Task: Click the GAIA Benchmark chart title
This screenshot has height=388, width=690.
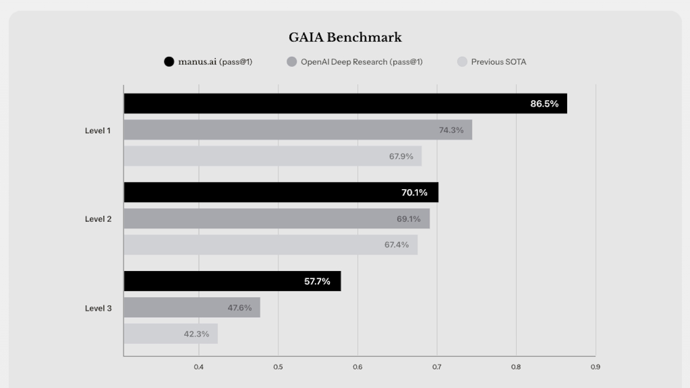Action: tap(345, 38)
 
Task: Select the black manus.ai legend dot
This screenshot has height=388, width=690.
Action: tap(169, 62)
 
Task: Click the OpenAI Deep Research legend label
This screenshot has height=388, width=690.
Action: tap(361, 62)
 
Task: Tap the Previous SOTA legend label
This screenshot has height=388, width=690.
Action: tap(498, 62)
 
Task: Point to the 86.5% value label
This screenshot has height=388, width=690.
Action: tap(544, 103)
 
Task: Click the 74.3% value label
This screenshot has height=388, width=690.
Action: tap(451, 130)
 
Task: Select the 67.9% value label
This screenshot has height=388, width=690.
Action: tap(401, 156)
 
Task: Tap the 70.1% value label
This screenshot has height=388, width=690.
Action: tap(415, 192)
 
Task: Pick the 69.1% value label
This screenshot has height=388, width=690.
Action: tap(409, 219)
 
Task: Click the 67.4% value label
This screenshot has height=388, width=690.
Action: tap(397, 245)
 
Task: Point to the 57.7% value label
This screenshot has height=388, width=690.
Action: tap(317, 281)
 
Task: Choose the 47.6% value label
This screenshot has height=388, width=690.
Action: tap(239, 308)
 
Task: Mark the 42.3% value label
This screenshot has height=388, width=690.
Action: tap(196, 334)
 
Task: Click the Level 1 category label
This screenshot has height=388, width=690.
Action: tap(98, 130)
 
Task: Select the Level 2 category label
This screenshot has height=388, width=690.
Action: tap(98, 219)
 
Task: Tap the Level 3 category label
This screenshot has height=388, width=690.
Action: tap(98, 308)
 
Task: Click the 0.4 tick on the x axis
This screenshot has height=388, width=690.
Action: tap(199, 367)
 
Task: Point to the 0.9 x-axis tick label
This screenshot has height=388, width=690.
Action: tap(595, 367)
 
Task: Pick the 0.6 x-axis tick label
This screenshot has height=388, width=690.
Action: tap(357, 367)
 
